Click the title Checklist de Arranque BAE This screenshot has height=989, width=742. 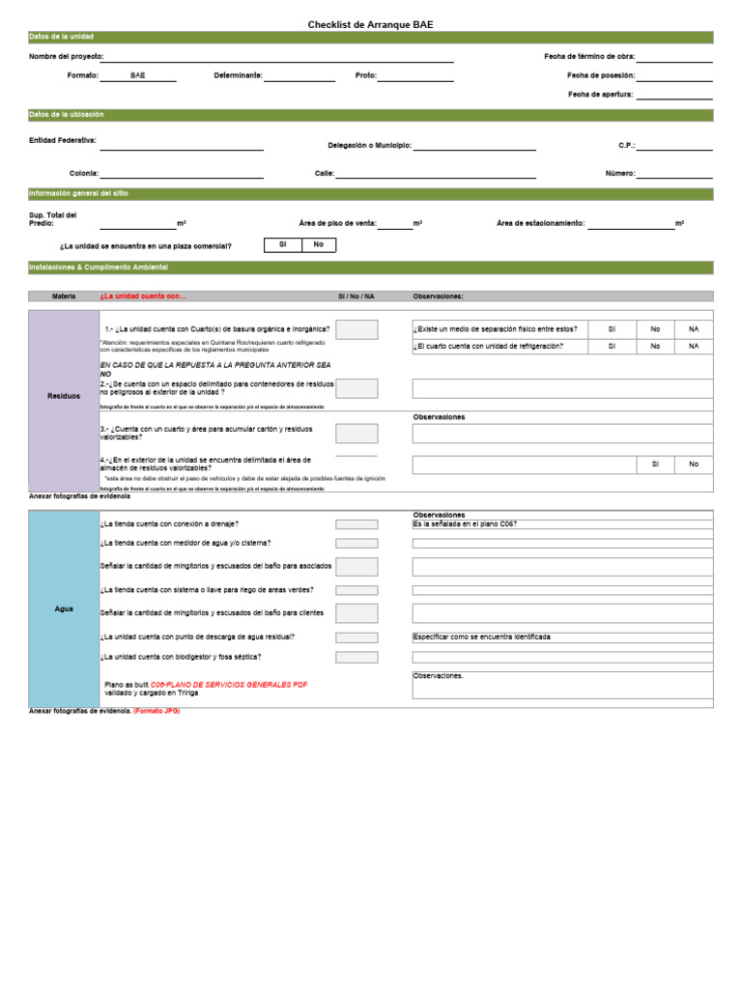pyautogui.click(x=371, y=24)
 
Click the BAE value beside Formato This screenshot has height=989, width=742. pyautogui.click(x=138, y=75)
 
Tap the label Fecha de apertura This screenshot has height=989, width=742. pyautogui.click(x=600, y=95)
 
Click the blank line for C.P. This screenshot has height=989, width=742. pyautogui.click(x=674, y=146)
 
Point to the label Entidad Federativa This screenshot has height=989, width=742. pyautogui.click(x=63, y=140)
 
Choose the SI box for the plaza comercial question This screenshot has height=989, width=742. pyautogui.click(x=282, y=245)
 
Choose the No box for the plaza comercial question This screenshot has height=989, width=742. pyautogui.click(x=318, y=245)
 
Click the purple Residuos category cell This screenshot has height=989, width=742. pyautogui.click(x=64, y=396)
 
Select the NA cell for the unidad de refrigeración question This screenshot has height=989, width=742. pyautogui.click(x=693, y=346)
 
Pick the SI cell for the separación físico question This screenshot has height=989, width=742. pyautogui.click(x=612, y=329)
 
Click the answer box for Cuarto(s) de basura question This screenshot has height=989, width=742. pyautogui.click(x=357, y=329)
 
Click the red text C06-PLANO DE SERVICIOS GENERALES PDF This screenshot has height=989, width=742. pyautogui.click(x=229, y=684)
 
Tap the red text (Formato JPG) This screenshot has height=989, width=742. pyautogui.click(x=157, y=711)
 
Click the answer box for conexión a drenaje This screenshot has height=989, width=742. pyautogui.click(x=357, y=524)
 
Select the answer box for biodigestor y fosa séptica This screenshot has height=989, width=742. pyautogui.click(x=357, y=657)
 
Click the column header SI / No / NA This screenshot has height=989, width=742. pyautogui.click(x=356, y=297)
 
